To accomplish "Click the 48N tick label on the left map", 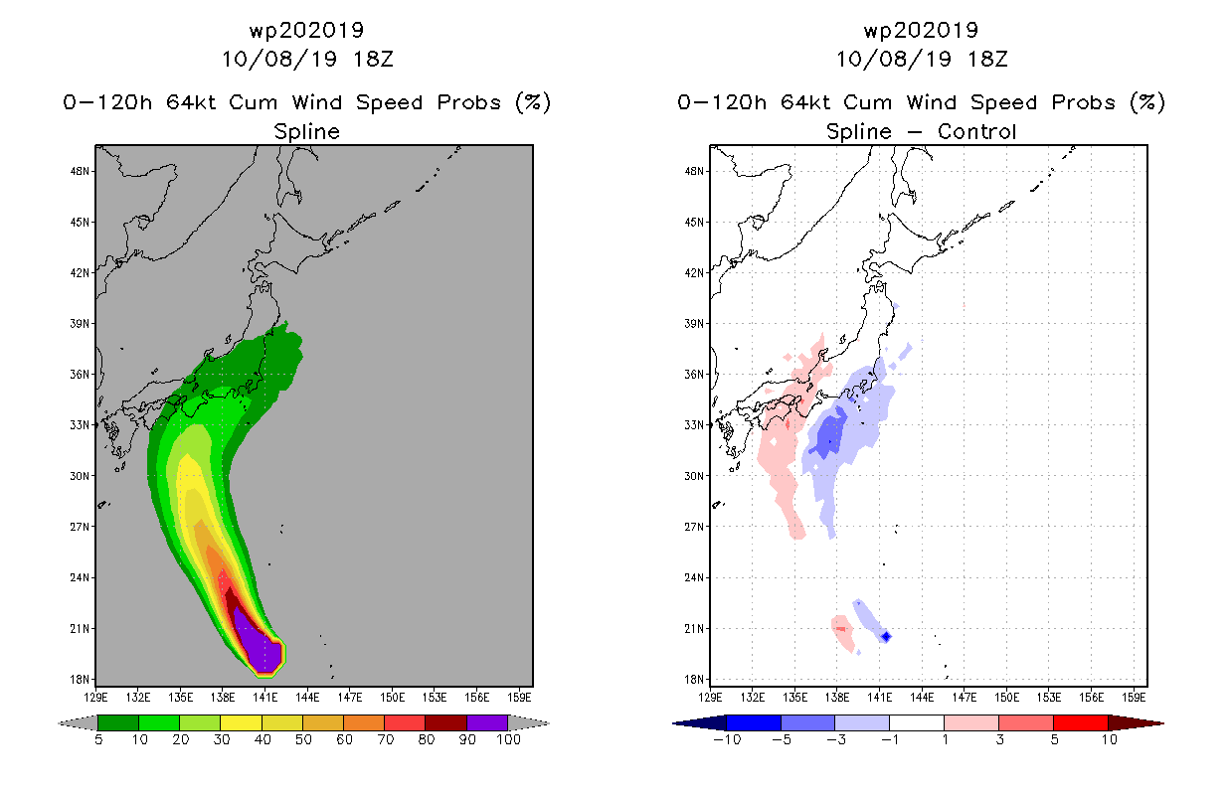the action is point(79,171).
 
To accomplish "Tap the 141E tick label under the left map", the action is point(265,698).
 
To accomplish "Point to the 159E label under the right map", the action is point(1134,698).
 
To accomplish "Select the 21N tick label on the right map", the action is point(693,628).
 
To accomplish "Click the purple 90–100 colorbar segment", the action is point(487,722).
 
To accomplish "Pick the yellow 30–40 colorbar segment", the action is point(241,722).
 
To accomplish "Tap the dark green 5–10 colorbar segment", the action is point(118,722).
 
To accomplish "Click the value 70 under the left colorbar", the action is point(385,739).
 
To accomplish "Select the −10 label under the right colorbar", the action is point(727,739).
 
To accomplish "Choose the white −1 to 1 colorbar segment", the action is point(916,722).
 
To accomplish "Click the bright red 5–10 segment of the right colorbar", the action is point(1080,722).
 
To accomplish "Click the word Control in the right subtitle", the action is point(977,131).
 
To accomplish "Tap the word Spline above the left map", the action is point(306,132).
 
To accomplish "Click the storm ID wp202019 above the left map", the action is point(306,30).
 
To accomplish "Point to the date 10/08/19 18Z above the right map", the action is point(922,59).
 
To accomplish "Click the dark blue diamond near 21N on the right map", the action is point(886,637).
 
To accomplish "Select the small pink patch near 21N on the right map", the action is point(842,632).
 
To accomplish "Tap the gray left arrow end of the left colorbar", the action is point(78,723).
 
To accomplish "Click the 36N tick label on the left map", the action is point(79,375).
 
